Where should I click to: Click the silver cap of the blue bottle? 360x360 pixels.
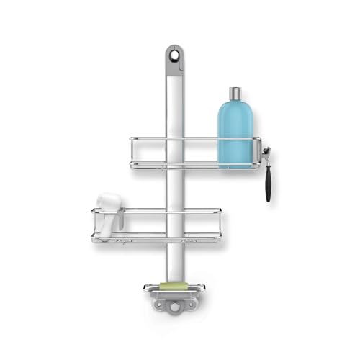[x=236, y=94]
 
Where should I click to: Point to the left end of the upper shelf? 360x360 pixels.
[x=132, y=152]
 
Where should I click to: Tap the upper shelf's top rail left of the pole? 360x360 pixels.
[x=148, y=138]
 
